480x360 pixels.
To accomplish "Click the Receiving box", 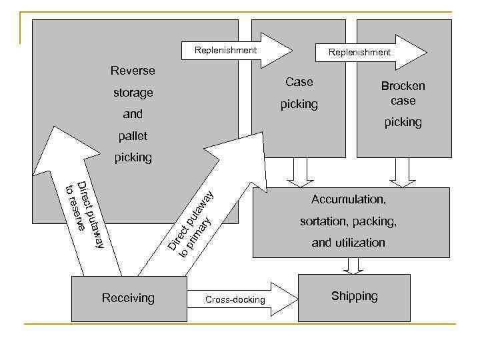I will pos(128,298).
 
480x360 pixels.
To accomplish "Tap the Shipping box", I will pos(354,297).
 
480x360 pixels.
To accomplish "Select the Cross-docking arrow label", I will pos(235,300).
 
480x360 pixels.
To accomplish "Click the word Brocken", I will pos(403,86).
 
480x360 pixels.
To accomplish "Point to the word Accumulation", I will pos(347,199).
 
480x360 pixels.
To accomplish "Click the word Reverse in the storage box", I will pos(133,71).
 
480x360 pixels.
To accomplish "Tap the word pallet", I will pos(133,136).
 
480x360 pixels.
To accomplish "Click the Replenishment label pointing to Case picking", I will pos(225,51).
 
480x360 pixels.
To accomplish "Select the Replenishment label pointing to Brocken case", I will pos(359,52).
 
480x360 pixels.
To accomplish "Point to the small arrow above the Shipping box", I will pos(355,266).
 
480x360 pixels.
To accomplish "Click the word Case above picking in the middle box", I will pos(299,82).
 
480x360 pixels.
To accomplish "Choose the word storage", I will pos(133,93).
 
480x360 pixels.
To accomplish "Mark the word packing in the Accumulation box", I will pos(373,221).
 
